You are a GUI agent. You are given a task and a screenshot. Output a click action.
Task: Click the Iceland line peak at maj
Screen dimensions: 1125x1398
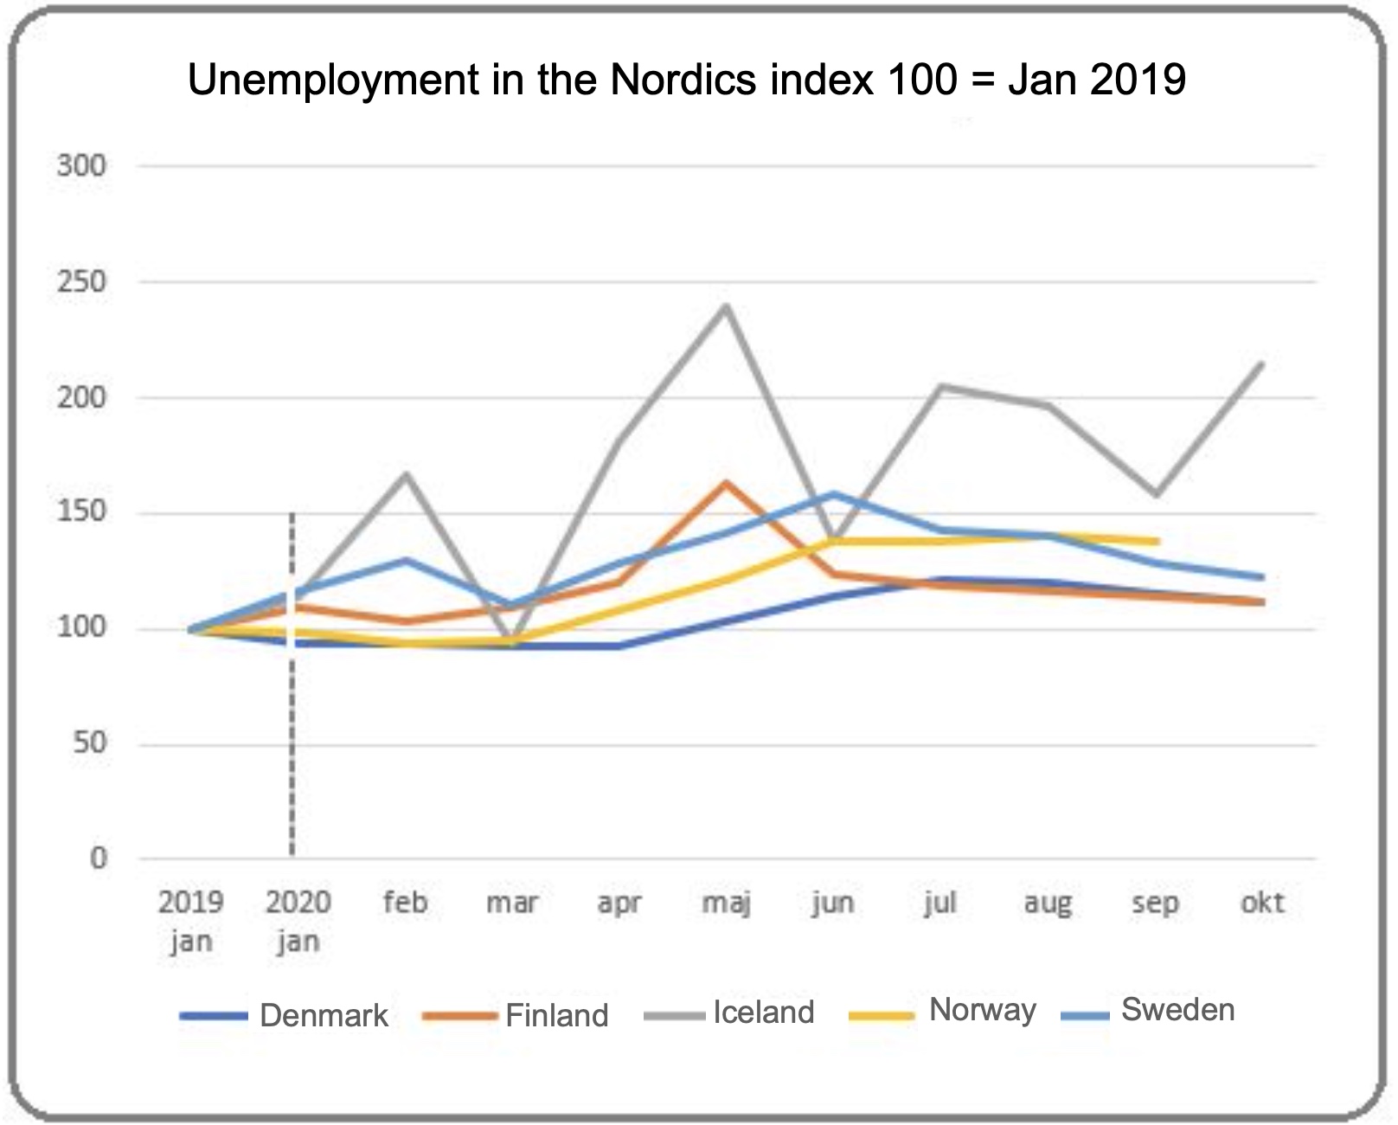point(727,305)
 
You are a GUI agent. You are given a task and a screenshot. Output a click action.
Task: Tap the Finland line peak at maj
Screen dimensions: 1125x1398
point(727,482)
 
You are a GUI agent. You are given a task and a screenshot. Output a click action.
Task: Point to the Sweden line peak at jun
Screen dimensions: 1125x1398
point(833,494)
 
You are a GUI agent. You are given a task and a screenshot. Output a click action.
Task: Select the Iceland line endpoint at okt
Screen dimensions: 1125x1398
point(1262,363)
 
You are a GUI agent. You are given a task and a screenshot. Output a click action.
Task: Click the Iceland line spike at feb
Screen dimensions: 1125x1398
point(406,473)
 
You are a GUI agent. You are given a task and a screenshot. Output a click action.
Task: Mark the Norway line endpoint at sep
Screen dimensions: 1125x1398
point(1156,542)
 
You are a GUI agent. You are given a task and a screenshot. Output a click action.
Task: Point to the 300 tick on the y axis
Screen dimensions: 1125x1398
point(82,165)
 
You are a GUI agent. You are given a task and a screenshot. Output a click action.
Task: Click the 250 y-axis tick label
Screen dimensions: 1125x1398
point(82,281)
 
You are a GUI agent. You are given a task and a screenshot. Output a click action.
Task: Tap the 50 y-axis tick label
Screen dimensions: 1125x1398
point(89,743)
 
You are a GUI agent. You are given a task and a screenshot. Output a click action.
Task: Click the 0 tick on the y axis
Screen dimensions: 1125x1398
point(99,858)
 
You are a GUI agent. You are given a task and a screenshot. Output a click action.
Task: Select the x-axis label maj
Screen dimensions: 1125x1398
point(726,903)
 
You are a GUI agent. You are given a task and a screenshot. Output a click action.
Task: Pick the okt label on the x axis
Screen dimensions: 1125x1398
point(1262,903)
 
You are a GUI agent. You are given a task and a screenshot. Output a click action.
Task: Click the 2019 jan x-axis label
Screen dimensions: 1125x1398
point(190,921)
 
